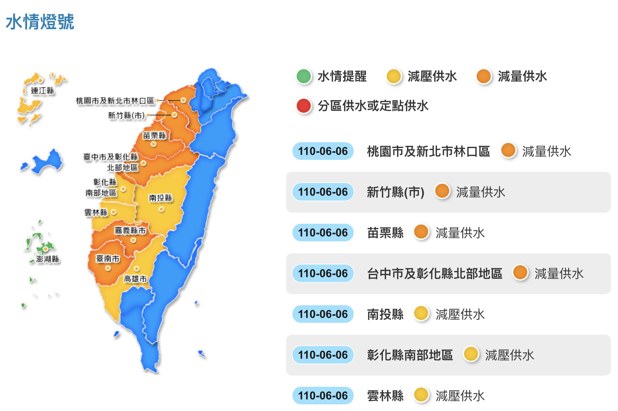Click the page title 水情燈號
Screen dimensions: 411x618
tap(40, 22)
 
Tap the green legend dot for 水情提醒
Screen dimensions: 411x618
tap(304, 76)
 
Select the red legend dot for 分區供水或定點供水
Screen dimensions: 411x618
tap(304, 106)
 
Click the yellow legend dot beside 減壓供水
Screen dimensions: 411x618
tap(394, 76)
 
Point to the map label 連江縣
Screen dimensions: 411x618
tap(43, 91)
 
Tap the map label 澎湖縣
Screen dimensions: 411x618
tap(48, 259)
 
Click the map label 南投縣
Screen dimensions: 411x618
tap(161, 198)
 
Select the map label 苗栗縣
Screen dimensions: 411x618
tap(154, 136)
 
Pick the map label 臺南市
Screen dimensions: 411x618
tap(108, 259)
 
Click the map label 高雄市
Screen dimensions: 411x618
tap(135, 279)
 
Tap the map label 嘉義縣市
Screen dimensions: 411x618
tap(130, 230)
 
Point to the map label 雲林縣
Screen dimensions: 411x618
tap(96, 213)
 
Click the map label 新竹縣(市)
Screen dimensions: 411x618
tap(127, 115)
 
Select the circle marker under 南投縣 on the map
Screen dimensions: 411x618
tap(161, 209)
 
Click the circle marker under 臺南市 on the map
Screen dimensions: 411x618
tap(108, 268)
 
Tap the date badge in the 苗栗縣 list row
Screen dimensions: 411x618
tap(323, 233)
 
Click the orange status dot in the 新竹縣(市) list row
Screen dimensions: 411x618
tap(442, 191)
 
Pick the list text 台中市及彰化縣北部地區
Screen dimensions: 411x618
tap(434, 273)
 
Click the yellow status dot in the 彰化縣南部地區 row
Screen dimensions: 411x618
tap(471, 354)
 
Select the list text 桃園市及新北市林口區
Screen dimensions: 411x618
tap(428, 151)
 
